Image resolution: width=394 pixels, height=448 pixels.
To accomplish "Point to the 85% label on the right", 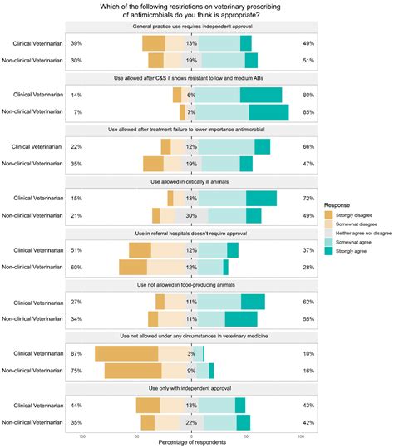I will click(308, 112).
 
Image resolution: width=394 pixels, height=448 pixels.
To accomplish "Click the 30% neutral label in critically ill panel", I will click(191, 215).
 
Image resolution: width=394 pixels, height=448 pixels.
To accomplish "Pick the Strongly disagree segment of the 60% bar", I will click(133, 267).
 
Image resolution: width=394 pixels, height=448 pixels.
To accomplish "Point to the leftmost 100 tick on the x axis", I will click(82, 432).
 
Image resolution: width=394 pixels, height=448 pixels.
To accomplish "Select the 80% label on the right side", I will click(308, 95).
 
